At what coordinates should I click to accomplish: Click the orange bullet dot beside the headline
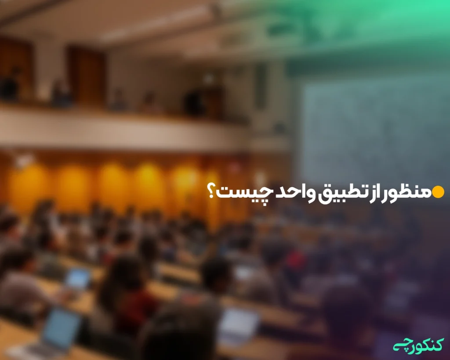(438, 192)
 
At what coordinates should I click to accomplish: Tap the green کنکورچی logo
(418, 343)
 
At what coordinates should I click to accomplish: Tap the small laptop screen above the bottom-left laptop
(77, 278)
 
